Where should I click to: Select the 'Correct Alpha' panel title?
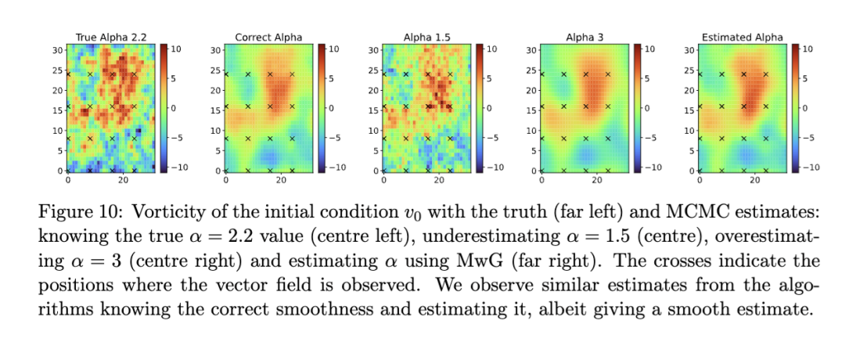tap(268, 37)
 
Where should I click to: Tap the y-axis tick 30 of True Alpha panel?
tap(57, 50)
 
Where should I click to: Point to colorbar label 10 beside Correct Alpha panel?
tap(332, 49)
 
